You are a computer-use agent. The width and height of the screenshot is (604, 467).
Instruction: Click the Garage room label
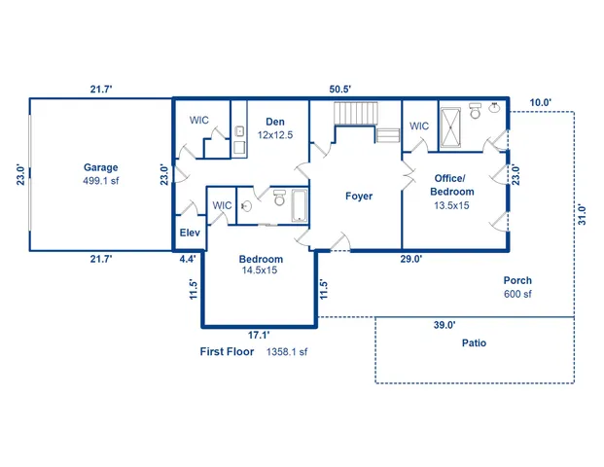tap(100, 167)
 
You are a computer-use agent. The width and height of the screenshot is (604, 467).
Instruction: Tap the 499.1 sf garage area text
tap(100, 181)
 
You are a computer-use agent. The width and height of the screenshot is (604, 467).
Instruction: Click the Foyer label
tap(359, 196)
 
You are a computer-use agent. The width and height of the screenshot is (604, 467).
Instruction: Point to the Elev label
tap(189, 233)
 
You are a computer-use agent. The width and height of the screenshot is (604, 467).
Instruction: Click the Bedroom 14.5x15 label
tap(261, 259)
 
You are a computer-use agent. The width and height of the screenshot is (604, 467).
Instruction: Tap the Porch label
tap(517, 280)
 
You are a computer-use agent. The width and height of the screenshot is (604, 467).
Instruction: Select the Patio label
tap(474, 342)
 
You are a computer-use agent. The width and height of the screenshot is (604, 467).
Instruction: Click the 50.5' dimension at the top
tap(339, 89)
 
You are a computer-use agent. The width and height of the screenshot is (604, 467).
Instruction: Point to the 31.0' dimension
tap(583, 213)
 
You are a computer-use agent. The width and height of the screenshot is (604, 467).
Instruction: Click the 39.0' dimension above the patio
tap(444, 326)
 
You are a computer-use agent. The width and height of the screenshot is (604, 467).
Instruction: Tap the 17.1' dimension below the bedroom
tap(257, 334)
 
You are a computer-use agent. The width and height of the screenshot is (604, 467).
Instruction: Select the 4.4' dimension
tap(188, 259)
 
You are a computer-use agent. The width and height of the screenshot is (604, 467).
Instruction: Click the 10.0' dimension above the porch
tap(540, 102)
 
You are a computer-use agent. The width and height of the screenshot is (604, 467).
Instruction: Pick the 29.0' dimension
tap(410, 259)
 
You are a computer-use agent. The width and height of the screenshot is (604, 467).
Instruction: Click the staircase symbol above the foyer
tap(355, 114)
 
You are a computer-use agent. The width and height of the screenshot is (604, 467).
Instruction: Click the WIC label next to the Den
tap(198, 120)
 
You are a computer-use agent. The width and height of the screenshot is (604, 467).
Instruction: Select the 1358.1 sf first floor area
tap(287, 352)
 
